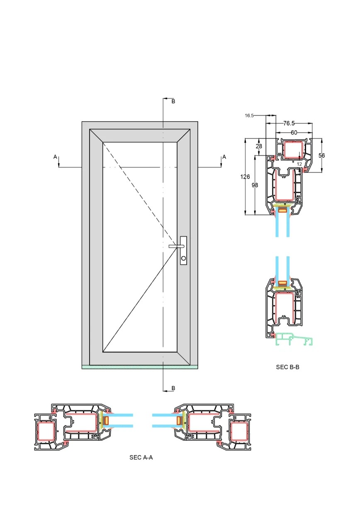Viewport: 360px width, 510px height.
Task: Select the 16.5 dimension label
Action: pyautogui.click(x=249, y=116)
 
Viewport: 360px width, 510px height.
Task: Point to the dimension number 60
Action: pyautogui.click(x=294, y=132)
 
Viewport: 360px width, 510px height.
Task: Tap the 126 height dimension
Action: pyautogui.click(x=245, y=177)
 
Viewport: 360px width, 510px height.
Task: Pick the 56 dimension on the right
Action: pyautogui.click(x=322, y=156)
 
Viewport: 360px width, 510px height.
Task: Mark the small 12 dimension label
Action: pyautogui.click(x=299, y=164)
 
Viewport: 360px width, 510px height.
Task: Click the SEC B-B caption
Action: pyautogui.click(x=287, y=367)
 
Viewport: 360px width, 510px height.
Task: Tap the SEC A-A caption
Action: pyautogui.click(x=141, y=457)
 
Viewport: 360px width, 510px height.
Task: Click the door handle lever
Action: pyautogui.click(x=176, y=246)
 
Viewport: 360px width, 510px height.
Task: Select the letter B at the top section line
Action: pyautogui.click(x=173, y=102)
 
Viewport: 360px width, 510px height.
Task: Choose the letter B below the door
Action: pyautogui.click(x=173, y=388)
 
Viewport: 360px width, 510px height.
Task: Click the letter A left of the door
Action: pyautogui.click(x=55, y=157)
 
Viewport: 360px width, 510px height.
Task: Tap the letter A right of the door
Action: pyautogui.click(x=224, y=157)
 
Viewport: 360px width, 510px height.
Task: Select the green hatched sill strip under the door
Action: pyautogui.click(x=139, y=367)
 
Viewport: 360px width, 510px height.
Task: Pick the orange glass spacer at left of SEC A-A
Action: pyautogui.click(x=107, y=420)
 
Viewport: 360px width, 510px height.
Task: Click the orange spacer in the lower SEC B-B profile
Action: pyautogui.click(x=282, y=283)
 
